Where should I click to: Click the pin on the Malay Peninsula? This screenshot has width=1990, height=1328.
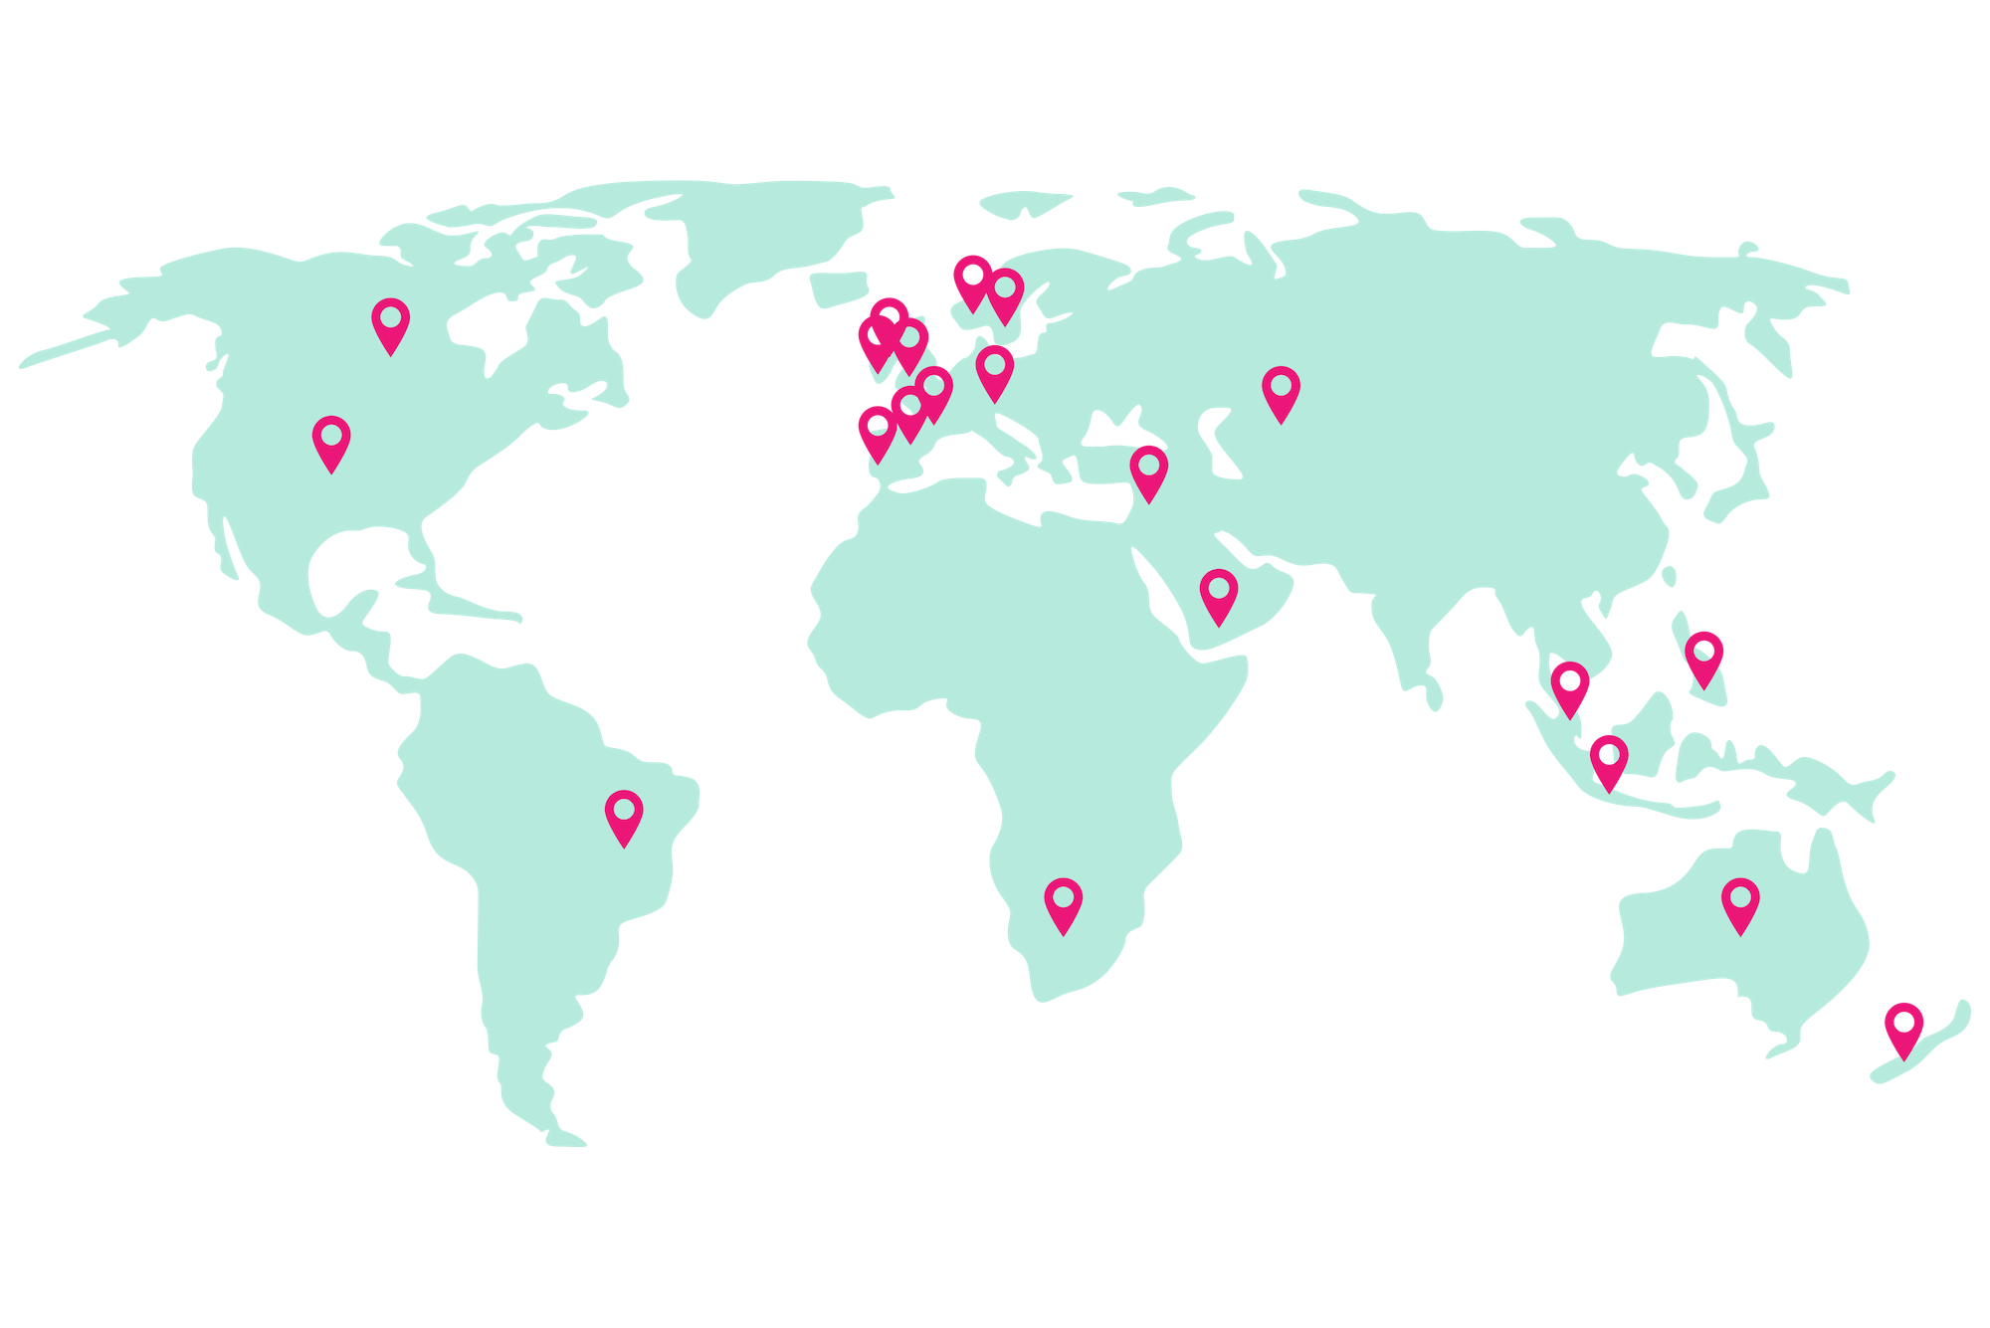(x=1570, y=686)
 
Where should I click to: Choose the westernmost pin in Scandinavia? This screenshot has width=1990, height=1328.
(x=972, y=280)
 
